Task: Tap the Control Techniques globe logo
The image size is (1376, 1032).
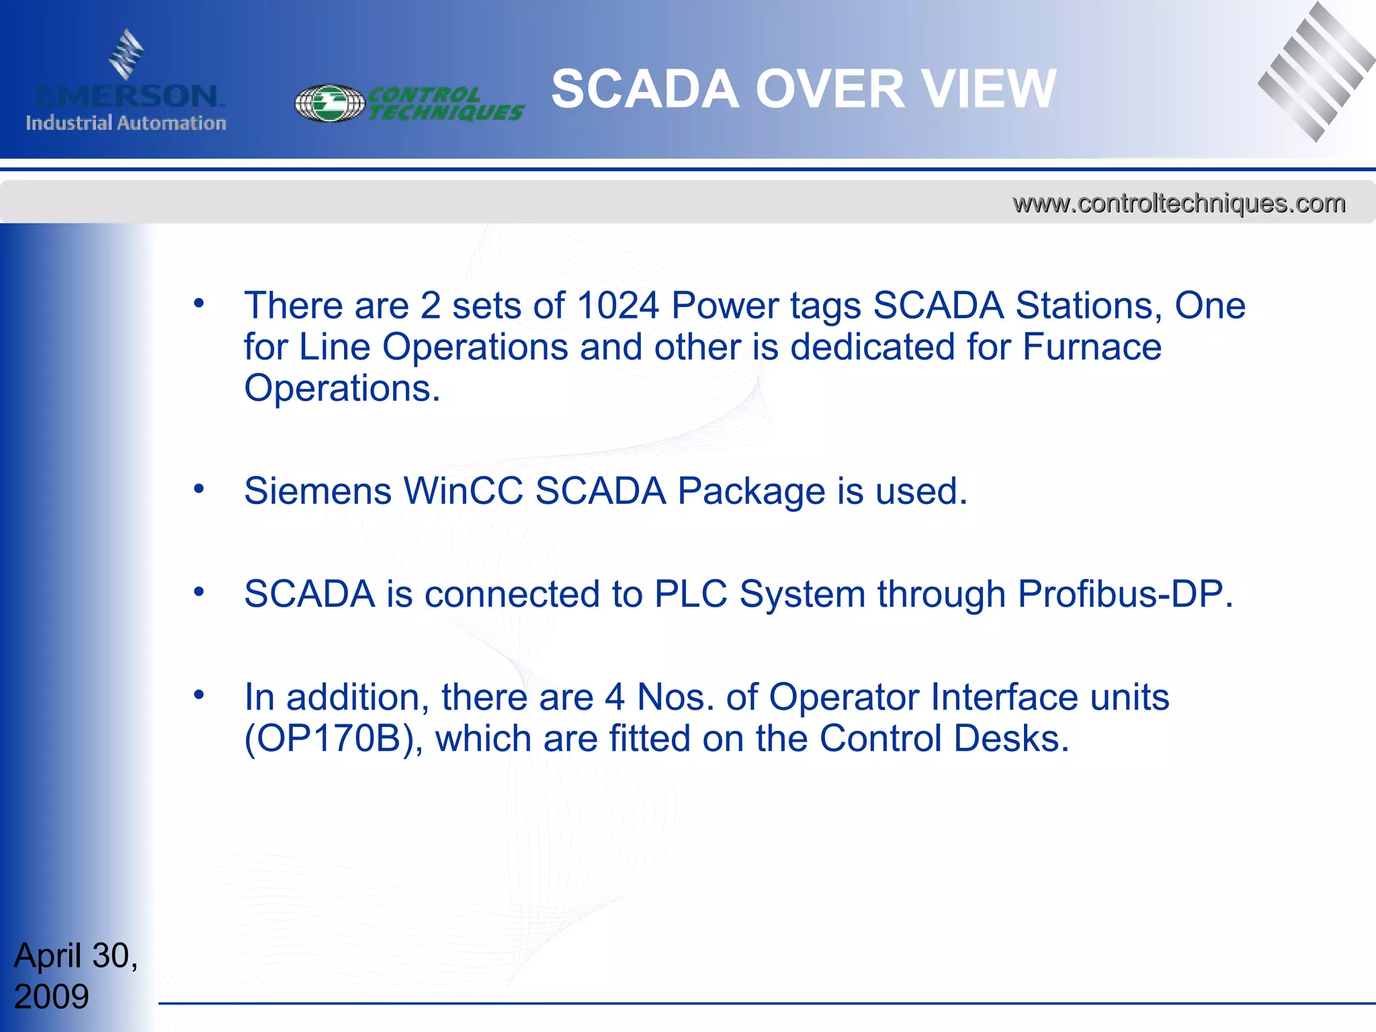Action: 330,103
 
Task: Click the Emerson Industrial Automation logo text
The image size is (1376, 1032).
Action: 126,107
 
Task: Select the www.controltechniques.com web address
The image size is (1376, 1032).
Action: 1179,203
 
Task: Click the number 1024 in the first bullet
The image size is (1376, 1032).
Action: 617,306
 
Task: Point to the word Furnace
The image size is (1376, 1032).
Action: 1092,347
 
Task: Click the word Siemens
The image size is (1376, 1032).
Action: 318,491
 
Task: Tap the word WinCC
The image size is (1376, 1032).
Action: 463,491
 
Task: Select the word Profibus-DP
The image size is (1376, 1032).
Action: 1125,595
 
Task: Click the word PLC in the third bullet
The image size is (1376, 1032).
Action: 691,595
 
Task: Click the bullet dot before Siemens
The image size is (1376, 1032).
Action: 198,488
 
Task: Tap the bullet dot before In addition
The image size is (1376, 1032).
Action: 198,695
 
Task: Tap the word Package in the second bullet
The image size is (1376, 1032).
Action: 751,491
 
